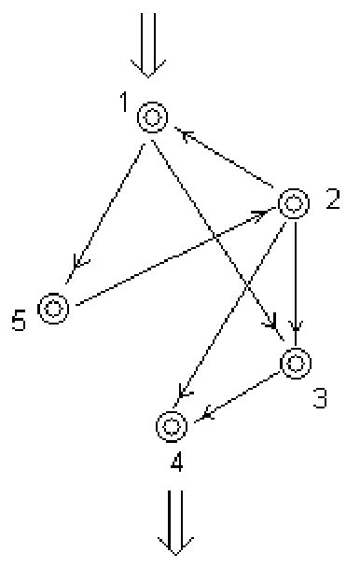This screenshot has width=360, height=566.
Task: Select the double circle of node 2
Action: click(x=293, y=201)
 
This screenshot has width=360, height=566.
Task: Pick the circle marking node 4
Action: click(x=171, y=425)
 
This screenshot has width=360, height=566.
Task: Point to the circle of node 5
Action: click(x=52, y=308)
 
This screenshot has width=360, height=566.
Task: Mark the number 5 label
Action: click(x=20, y=323)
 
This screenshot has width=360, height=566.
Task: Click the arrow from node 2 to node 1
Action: click(x=228, y=162)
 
